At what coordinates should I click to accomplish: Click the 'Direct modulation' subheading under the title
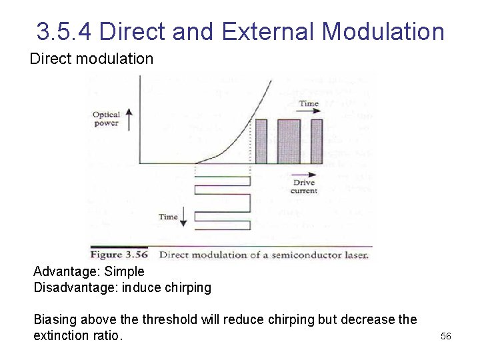point(91,59)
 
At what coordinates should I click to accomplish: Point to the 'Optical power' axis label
point(106,119)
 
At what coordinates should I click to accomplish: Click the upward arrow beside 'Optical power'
point(129,119)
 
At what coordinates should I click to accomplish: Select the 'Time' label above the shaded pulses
point(309,103)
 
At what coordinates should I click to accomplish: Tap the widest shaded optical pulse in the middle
point(289,141)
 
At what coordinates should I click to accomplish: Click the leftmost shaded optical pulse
point(261,141)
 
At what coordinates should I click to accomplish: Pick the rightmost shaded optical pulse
point(317,141)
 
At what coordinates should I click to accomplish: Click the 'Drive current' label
point(305,187)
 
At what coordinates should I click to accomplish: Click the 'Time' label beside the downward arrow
point(168,217)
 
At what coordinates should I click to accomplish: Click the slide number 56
point(446,336)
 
